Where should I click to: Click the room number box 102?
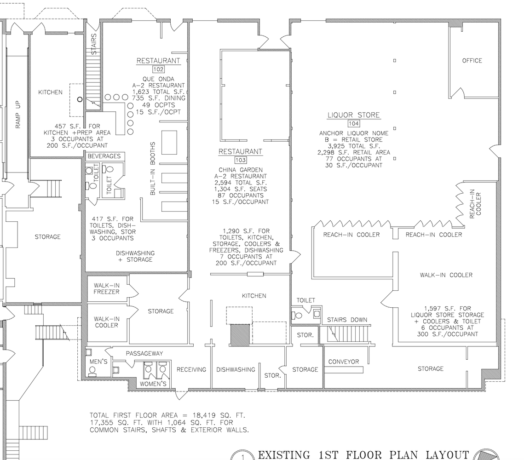(158, 69)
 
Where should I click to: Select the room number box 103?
(240, 160)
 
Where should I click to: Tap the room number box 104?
(353, 123)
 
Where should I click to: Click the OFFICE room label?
(472, 60)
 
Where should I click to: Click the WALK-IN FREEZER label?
(107, 288)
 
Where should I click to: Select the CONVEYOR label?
(343, 362)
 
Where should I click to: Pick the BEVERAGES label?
(104, 156)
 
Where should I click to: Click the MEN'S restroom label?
(98, 362)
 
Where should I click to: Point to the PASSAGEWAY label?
(144, 353)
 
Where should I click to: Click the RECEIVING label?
(191, 369)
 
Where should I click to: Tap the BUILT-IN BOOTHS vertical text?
(153, 169)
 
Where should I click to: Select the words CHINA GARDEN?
(240, 169)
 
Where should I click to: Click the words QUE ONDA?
(158, 78)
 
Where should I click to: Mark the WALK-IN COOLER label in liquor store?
(446, 275)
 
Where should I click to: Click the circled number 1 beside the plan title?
(243, 456)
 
